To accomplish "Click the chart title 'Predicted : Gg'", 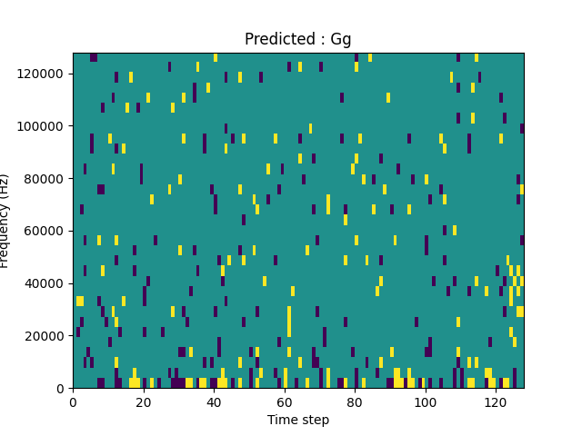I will (x=297, y=40).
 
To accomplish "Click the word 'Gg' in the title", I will (x=341, y=40).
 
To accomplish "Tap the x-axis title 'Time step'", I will (x=298, y=420).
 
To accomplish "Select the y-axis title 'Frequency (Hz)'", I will (x=5, y=221).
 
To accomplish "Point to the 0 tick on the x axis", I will (x=73, y=401).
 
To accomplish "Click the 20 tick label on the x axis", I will (x=144, y=401).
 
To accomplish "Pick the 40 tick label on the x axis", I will (x=214, y=401).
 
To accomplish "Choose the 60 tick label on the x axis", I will (x=285, y=401).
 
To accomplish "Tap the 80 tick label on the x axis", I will (x=355, y=401).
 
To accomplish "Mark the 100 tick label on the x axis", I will (x=426, y=401).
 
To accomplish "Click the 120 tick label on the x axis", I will (x=496, y=401).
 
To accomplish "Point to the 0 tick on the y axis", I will (x=61, y=389).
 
